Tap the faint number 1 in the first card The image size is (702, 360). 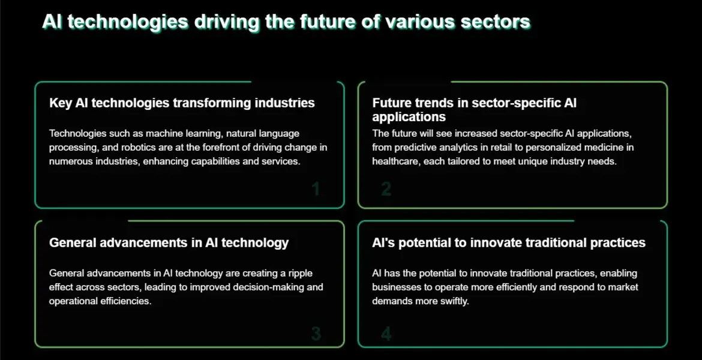(316, 190)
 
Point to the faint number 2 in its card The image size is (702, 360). (386, 190)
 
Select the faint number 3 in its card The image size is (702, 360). (316, 334)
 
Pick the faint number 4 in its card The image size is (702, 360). (386, 334)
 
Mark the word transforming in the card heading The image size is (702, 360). (212, 103)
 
